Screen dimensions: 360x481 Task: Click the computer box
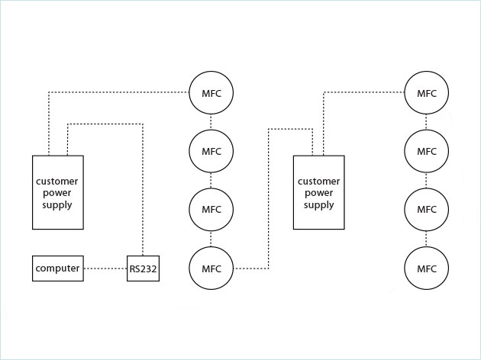pyautogui.click(x=58, y=269)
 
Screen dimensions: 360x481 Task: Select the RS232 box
pyautogui.click(x=143, y=269)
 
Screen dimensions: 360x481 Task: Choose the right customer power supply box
pyautogui.click(x=318, y=192)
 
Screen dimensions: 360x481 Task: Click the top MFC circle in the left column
pyautogui.click(x=211, y=93)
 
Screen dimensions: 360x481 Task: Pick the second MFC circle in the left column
pyautogui.click(x=211, y=151)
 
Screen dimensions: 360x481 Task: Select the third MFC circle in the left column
pyautogui.click(x=211, y=209)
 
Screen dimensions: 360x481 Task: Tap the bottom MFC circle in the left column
pyautogui.click(x=211, y=268)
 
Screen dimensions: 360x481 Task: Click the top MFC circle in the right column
pyautogui.click(x=427, y=93)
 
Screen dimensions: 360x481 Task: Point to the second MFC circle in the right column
pyautogui.click(x=427, y=151)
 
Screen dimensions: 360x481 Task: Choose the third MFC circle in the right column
pyautogui.click(x=427, y=209)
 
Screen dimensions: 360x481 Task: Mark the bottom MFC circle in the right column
pyautogui.click(x=427, y=268)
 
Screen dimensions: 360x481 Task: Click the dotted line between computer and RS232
pyautogui.click(x=105, y=269)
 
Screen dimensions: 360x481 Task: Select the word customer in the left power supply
pyautogui.click(x=58, y=181)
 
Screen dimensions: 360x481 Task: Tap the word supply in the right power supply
pyautogui.click(x=318, y=205)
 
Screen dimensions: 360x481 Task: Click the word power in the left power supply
pyautogui.click(x=58, y=193)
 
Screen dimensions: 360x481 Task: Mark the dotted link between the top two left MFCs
pyautogui.click(x=211, y=122)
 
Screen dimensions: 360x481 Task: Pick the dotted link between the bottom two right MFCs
pyautogui.click(x=427, y=239)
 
